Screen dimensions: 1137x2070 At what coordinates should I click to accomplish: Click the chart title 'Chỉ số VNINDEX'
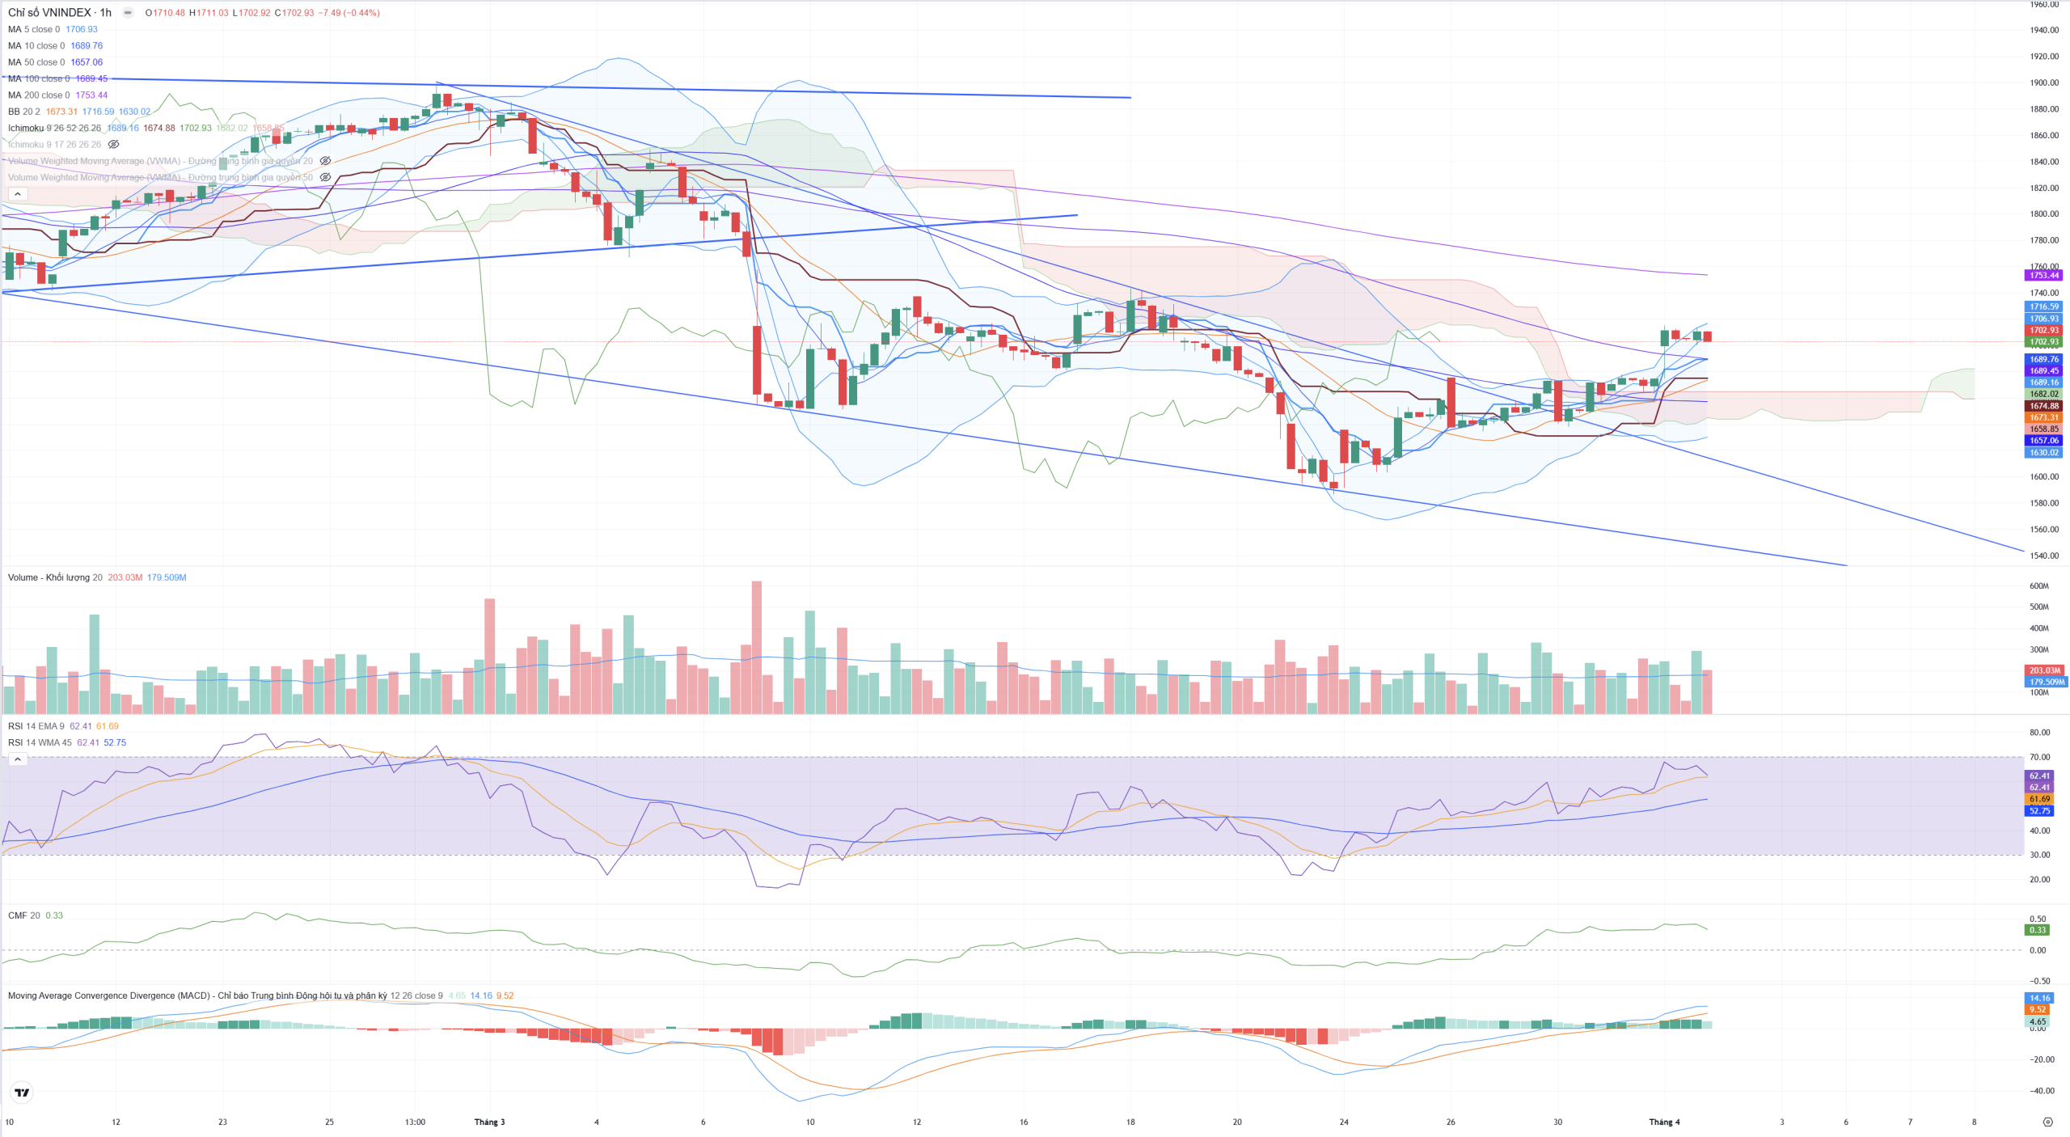tap(49, 13)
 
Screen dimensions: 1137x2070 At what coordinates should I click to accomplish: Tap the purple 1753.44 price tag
tap(2043, 276)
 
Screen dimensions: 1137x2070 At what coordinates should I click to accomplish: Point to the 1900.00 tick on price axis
tap(2044, 82)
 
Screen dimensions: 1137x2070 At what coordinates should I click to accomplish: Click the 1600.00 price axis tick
tap(2044, 477)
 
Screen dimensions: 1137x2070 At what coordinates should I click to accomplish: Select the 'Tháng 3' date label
tap(489, 1122)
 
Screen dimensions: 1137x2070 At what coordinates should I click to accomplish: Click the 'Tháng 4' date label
tap(1664, 1122)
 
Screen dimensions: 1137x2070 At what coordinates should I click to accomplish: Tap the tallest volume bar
tap(756, 647)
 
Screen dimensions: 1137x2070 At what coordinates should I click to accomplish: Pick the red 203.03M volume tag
tap(2043, 670)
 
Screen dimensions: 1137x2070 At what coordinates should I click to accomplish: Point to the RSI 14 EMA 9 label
tap(36, 726)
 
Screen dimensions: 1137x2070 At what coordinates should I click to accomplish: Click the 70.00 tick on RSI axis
tap(2040, 758)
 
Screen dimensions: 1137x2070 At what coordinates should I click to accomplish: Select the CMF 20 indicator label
tap(24, 915)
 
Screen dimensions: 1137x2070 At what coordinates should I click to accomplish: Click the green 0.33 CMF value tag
tap(2038, 930)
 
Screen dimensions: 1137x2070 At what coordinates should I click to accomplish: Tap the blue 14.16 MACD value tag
tap(2040, 998)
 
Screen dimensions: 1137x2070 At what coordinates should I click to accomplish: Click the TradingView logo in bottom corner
tap(22, 1093)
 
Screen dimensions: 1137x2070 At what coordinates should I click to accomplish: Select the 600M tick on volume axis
tap(2038, 586)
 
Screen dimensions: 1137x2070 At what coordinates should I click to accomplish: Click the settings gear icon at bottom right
tap(2047, 1122)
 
